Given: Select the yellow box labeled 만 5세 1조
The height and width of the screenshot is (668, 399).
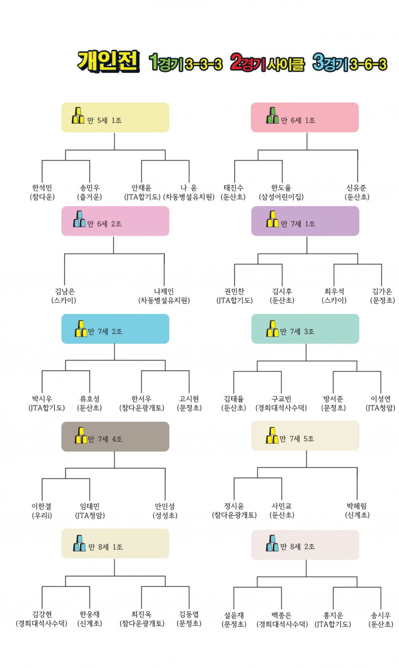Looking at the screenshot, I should point(115,117).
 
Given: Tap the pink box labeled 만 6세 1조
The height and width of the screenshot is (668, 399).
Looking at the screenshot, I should point(305,117).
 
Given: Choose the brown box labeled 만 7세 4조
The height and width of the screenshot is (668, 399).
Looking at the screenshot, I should point(115,437).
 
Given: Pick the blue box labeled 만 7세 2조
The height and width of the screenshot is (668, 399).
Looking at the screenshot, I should point(115,329).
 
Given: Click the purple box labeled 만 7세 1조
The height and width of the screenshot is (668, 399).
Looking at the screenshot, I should point(305,221).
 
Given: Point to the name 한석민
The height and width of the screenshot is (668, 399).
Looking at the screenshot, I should point(42,188).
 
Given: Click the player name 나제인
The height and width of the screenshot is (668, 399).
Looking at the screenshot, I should point(164,291).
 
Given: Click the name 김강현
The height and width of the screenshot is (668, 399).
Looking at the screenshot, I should point(42,614).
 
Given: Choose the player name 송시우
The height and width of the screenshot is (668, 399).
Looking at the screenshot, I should point(381,615).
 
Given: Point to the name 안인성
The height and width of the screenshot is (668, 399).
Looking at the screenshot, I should point(165,506).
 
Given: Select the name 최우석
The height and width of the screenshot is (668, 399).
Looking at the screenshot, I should point(334,291).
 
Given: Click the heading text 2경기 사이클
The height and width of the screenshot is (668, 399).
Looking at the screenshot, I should point(267,63).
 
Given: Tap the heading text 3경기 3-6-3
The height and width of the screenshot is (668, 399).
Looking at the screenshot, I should point(350,63).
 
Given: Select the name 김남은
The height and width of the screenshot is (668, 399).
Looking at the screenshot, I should point(65,291).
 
